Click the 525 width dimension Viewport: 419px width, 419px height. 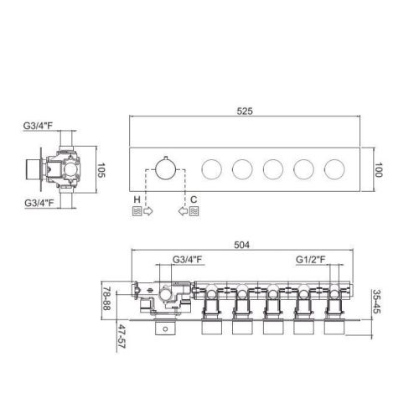pyautogui.click(x=245, y=111)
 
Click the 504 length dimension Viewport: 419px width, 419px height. pyautogui.click(x=241, y=245)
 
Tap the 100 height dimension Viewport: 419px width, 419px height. pyautogui.click(x=378, y=170)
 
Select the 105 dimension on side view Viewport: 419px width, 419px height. pyautogui.click(x=101, y=170)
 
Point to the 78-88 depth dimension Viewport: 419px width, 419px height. pyautogui.click(x=106, y=298)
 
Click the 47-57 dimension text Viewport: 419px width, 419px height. pyautogui.click(x=122, y=336)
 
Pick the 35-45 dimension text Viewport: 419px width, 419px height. pyautogui.click(x=376, y=302)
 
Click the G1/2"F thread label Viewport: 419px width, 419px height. pyautogui.click(x=311, y=260)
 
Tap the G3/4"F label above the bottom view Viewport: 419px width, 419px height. pyautogui.click(x=187, y=260)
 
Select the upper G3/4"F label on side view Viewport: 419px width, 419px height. pyautogui.click(x=38, y=126)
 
